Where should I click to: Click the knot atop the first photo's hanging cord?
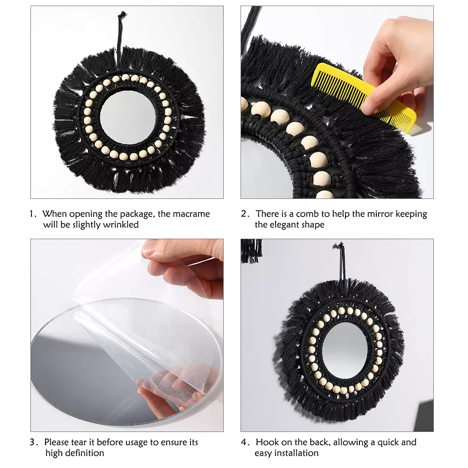[x=122, y=15]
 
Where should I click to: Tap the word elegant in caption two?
[x=288, y=225]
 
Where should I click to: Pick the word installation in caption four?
[x=296, y=453]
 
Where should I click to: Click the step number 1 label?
[x=32, y=214]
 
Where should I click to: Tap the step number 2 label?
[x=244, y=214]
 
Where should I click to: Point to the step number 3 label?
[x=33, y=442]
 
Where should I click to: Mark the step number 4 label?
[x=245, y=442]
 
